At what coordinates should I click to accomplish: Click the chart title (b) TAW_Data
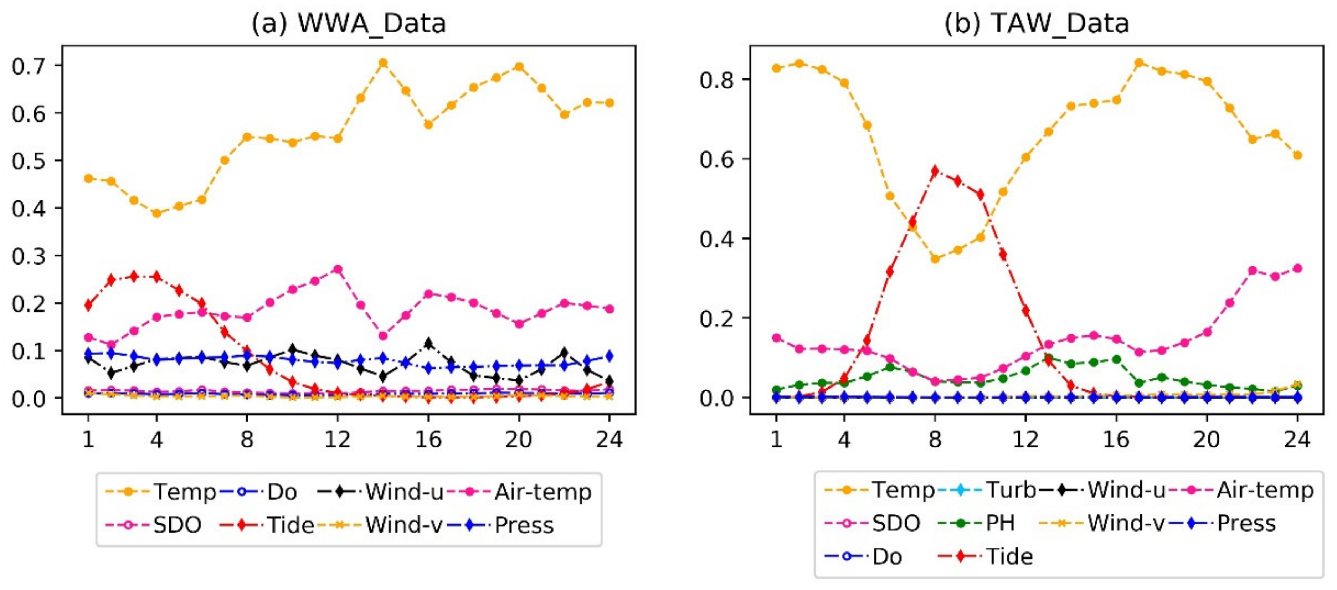click(1036, 24)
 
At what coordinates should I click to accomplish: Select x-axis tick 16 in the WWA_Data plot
click(428, 440)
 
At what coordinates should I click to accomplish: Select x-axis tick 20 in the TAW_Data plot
click(1206, 440)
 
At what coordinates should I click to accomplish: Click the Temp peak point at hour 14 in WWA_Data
click(383, 63)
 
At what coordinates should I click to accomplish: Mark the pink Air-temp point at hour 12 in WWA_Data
click(338, 269)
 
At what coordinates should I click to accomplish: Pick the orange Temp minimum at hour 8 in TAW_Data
click(935, 259)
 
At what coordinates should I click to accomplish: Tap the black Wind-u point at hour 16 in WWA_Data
click(428, 344)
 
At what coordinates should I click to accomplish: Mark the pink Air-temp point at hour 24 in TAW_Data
click(1297, 268)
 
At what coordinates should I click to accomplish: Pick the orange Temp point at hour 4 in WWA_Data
click(156, 213)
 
